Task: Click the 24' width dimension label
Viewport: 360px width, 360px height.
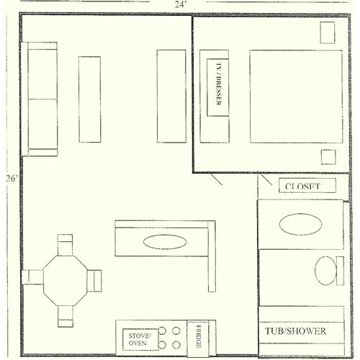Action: (181, 4)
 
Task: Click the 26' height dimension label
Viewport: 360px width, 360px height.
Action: (12, 179)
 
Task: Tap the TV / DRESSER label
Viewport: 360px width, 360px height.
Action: (219, 84)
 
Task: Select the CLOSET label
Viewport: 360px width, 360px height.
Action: (302, 186)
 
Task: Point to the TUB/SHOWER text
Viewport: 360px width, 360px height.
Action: (295, 331)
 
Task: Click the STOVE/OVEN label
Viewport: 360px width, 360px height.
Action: (140, 339)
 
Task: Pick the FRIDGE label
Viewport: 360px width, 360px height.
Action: (199, 337)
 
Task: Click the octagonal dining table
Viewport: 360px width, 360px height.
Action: (65, 281)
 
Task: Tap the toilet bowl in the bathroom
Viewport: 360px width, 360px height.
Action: (325, 271)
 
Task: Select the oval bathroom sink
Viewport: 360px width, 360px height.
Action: (300, 224)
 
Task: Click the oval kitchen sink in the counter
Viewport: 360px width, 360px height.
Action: (165, 242)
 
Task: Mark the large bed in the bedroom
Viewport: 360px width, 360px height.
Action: (296, 96)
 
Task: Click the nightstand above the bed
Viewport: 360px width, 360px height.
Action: (328, 32)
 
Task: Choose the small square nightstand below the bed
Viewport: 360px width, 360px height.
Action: (328, 157)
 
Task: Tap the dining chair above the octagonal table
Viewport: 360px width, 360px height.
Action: (65, 245)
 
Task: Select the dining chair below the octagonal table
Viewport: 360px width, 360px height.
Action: (66, 316)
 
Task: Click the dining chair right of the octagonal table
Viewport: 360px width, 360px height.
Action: (94, 281)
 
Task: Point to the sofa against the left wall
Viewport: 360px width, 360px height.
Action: (40, 99)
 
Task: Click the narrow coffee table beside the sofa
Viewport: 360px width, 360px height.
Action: (90, 99)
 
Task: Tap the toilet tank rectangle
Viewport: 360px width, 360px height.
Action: (340, 271)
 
